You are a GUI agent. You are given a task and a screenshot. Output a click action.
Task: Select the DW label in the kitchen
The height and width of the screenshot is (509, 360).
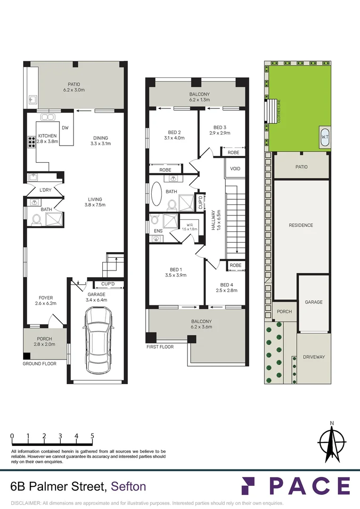pos(65,128)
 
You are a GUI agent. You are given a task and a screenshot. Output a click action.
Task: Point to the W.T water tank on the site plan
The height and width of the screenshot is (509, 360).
pos(325,137)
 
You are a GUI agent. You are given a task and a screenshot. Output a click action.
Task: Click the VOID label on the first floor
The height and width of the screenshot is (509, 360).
pos(235,169)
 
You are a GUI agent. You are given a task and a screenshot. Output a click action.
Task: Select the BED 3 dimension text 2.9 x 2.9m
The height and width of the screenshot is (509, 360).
pos(220,133)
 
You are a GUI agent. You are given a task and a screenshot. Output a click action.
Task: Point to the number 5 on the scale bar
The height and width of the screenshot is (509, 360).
pos(92,436)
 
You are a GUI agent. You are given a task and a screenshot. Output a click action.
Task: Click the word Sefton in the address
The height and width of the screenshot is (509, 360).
pos(128,486)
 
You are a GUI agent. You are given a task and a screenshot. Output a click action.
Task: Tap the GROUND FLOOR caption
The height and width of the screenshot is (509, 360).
pos(40,364)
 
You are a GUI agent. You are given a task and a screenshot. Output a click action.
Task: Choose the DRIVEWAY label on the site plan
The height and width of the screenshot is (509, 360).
pos(314,357)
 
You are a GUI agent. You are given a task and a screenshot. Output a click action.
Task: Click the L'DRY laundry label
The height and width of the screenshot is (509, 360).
pos(45,190)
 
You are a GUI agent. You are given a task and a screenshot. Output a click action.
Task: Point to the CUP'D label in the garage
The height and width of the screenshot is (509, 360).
pos(112,284)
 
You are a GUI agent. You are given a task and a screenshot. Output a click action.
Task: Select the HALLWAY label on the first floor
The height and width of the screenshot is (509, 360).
pos(213,220)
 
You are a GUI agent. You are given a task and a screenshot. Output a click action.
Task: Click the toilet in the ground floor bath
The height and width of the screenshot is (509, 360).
pos(35,219)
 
